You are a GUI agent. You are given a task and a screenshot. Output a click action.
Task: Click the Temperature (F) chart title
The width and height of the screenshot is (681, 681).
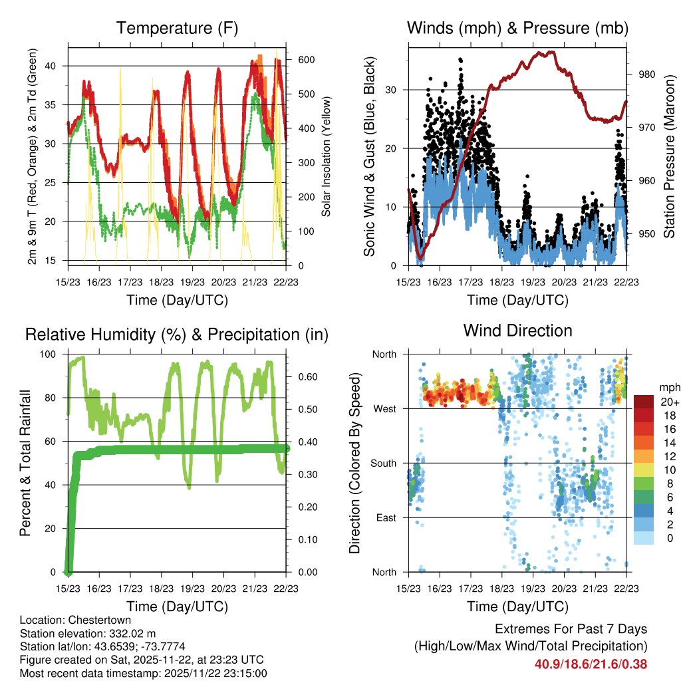pos(177,29)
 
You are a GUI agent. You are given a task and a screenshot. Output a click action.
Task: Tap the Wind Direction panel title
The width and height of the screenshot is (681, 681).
pos(517,331)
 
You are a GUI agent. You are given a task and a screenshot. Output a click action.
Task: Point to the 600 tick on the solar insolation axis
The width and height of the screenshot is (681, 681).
pos(306,59)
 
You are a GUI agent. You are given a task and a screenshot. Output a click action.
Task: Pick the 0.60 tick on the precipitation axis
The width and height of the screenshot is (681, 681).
pos(306,376)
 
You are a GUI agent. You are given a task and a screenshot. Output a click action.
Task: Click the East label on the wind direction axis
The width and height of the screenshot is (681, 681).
pos(384,517)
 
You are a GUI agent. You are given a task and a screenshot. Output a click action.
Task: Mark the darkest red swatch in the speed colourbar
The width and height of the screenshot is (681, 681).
pos(643,402)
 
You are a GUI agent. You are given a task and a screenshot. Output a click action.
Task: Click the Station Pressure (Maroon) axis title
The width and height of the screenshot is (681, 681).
pos(669,157)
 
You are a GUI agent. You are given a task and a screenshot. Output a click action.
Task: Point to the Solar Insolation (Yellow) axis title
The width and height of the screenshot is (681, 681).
pos(326,157)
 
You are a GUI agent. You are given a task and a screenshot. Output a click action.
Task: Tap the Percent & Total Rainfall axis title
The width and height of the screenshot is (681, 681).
pos(27,463)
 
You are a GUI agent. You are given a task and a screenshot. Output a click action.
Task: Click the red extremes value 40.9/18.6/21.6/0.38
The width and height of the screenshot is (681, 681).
pos(591,664)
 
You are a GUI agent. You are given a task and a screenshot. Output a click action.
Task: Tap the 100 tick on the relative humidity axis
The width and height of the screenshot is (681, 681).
pos(53,354)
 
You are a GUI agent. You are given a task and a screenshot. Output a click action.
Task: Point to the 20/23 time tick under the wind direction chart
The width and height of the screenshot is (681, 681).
pos(564,589)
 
